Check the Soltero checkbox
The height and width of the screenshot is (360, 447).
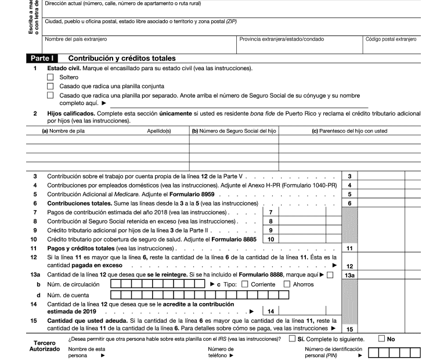(50, 77)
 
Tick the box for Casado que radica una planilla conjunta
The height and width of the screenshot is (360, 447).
(50, 86)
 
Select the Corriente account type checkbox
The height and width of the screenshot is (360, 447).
(244, 285)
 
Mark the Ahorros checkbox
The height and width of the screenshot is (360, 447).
(287, 285)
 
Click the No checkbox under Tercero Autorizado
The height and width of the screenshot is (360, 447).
(381, 339)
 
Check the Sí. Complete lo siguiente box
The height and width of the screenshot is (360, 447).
(292, 339)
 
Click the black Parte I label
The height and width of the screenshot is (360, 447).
(42, 59)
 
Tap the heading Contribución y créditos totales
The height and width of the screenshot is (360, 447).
(122, 59)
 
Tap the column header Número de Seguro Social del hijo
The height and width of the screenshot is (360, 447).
(233, 131)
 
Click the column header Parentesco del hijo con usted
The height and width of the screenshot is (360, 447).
(349, 131)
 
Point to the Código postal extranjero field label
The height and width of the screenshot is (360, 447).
(391, 39)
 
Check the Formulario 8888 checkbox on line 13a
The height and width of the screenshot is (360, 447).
(330, 275)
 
